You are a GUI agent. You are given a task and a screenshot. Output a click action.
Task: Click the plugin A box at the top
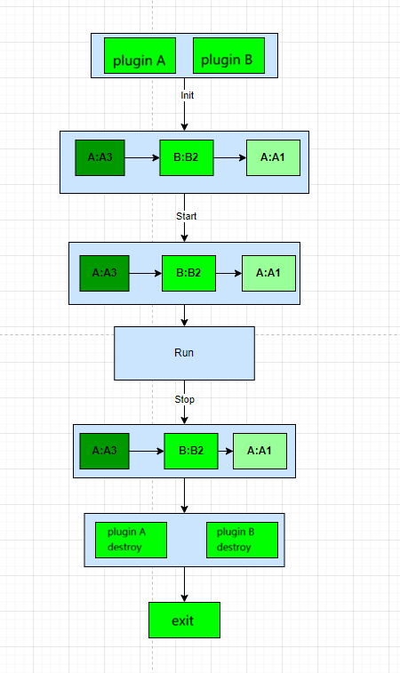(140, 56)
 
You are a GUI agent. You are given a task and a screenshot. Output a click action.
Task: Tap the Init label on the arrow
(187, 94)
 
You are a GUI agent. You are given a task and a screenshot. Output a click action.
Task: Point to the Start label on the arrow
(187, 215)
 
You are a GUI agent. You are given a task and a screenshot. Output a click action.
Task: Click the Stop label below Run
(185, 399)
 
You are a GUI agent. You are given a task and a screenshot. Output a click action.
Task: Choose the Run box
(184, 353)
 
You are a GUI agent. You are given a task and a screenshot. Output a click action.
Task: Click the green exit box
(184, 620)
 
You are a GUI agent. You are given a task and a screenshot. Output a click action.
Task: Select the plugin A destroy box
(131, 540)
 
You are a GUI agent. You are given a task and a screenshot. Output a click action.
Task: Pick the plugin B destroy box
(242, 540)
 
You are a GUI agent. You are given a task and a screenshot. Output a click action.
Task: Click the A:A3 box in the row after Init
(100, 157)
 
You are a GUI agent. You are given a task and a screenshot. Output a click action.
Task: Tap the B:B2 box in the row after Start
(188, 273)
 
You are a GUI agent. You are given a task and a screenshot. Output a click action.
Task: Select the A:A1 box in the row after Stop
(260, 451)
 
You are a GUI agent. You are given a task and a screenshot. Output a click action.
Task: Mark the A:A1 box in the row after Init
(273, 157)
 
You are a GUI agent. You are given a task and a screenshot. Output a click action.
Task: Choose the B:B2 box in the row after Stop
(191, 451)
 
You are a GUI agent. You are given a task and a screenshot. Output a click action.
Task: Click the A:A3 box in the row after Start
(104, 273)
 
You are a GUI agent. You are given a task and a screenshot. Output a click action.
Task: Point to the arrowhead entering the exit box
(184, 597)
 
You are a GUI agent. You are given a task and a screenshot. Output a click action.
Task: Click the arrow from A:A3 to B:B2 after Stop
(147, 451)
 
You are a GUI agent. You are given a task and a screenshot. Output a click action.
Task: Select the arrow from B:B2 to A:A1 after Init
(229, 157)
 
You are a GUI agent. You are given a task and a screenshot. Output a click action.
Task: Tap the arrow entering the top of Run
(184, 315)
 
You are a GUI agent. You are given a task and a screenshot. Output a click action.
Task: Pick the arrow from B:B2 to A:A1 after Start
(228, 273)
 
